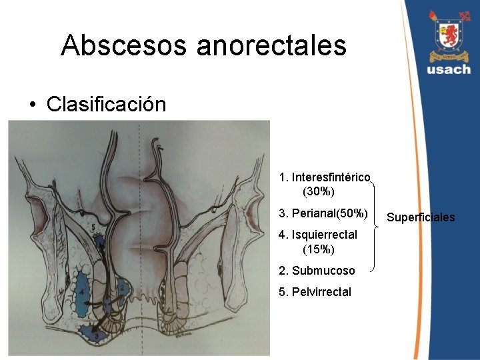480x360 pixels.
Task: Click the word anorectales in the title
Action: coord(271,45)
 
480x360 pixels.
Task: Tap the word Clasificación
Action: coord(106,104)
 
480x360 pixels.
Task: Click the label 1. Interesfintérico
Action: coord(325,177)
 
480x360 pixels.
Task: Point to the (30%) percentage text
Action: coord(318,192)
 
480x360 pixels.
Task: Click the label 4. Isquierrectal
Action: coord(318,235)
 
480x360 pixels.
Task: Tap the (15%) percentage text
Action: coord(318,249)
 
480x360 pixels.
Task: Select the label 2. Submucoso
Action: coord(317,271)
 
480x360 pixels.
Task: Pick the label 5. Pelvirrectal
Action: coord(315,292)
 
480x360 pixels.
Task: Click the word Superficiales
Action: coord(421,217)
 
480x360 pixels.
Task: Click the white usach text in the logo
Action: coord(449,69)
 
